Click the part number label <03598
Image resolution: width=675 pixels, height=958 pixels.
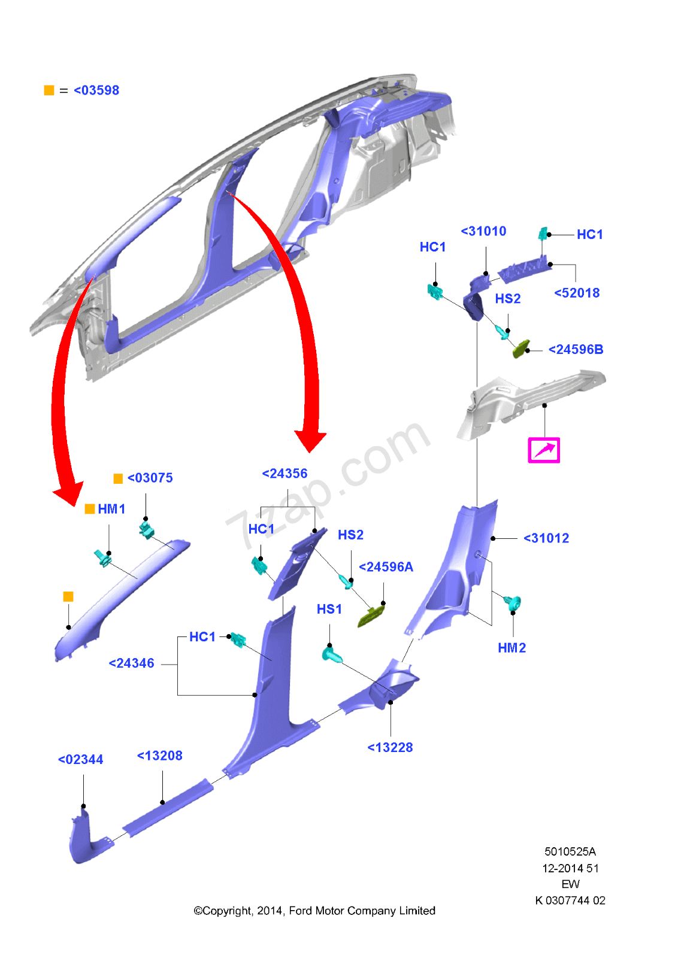pyautogui.click(x=96, y=90)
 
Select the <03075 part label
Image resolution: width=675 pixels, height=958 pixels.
pyautogui.click(x=150, y=478)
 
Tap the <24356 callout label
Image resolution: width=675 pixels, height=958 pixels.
pyautogui.click(x=284, y=474)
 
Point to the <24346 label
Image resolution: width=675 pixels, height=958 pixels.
pyautogui.click(x=131, y=663)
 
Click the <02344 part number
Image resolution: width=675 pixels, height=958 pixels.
pyautogui.click(x=80, y=760)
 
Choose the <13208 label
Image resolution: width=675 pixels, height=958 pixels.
pyautogui.click(x=159, y=756)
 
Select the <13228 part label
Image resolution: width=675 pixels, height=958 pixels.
pyautogui.click(x=390, y=747)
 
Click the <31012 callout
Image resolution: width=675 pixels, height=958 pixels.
pyautogui.click(x=546, y=538)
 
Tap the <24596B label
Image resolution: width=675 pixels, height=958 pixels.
pyautogui.click(x=576, y=350)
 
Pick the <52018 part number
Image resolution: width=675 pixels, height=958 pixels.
pyautogui.click(x=577, y=293)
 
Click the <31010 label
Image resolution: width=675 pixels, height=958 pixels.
pyautogui.click(x=483, y=231)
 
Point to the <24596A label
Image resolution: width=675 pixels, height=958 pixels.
pyautogui.click(x=386, y=567)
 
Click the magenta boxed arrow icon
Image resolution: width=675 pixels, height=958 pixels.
pyautogui.click(x=544, y=450)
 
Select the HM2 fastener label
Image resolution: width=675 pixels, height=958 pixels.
pyautogui.click(x=511, y=648)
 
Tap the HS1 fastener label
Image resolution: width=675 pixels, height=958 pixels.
pyautogui.click(x=329, y=609)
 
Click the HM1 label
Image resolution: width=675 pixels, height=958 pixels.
pyautogui.click(x=111, y=509)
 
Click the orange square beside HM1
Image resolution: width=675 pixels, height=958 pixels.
pyautogui.click(x=90, y=509)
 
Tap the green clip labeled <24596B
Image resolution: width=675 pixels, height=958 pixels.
pyautogui.click(x=521, y=348)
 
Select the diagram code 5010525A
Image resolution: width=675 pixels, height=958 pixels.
pyautogui.click(x=570, y=851)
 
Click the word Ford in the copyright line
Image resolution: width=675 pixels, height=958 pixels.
pyautogui.click(x=300, y=911)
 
